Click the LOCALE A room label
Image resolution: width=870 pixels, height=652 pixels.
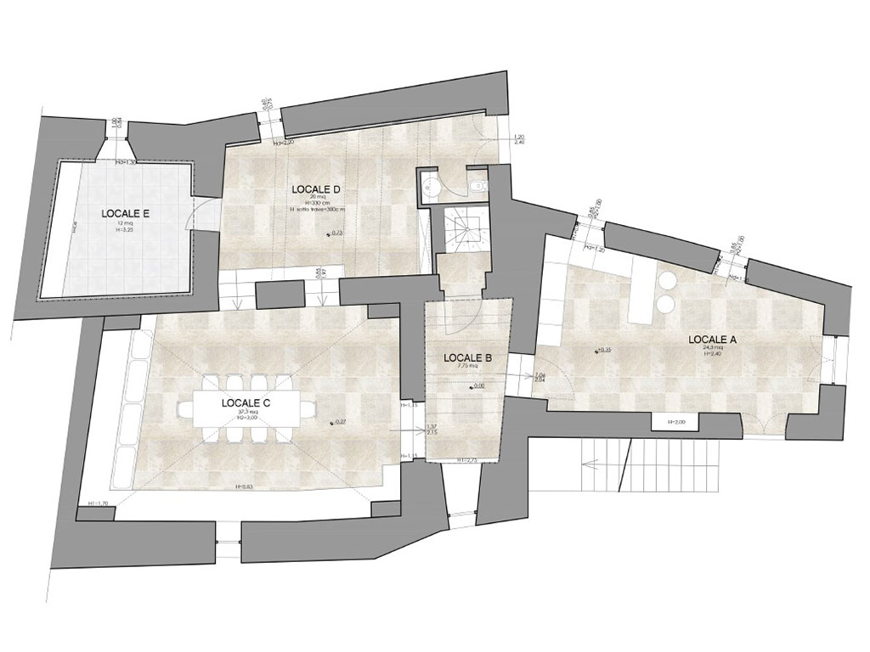point(713,339)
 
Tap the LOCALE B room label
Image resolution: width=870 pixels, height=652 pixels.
point(468,357)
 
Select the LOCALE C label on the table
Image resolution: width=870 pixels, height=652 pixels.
point(246,403)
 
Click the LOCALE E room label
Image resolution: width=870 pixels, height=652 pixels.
point(126,213)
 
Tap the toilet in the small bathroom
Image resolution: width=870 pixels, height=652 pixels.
point(477,183)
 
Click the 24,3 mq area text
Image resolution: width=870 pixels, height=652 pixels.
point(713,348)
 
